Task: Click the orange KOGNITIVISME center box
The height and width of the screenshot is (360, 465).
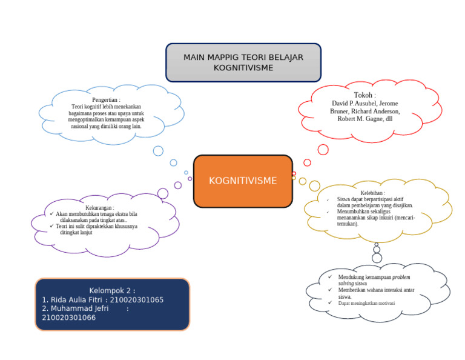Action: (243, 181)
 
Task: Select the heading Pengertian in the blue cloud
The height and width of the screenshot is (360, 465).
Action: (105, 99)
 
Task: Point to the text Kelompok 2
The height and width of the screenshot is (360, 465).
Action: (112, 290)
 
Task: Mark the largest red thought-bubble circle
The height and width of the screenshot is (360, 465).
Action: (323, 150)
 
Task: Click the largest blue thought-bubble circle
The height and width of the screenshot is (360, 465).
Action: (158, 151)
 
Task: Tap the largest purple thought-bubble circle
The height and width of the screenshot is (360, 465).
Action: (163, 193)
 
